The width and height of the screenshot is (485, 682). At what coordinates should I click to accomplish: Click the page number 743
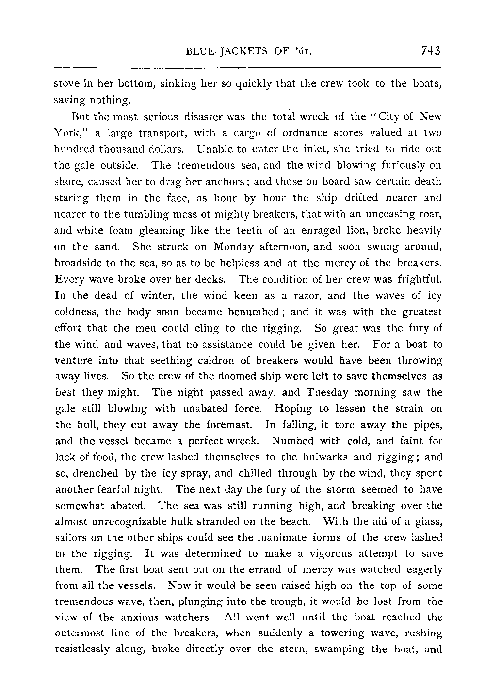click(431, 50)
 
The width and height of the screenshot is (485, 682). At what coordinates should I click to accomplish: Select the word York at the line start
click(65, 133)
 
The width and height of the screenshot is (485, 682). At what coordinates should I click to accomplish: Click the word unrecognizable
click(123, 522)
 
